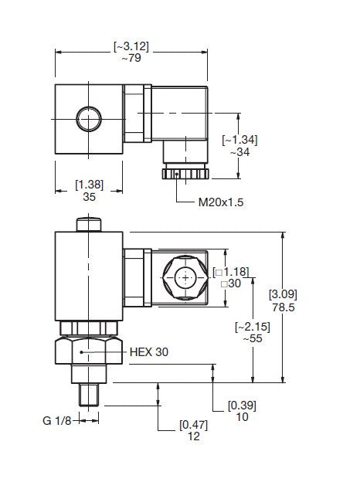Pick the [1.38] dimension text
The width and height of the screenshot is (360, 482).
click(x=89, y=184)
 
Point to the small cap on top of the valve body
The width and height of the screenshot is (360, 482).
click(x=89, y=224)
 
